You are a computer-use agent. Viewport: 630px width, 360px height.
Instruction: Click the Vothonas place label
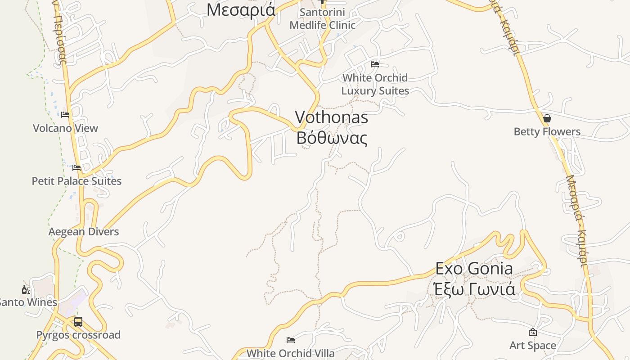(331, 117)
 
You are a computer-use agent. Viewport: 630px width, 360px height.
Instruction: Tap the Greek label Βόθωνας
(332, 138)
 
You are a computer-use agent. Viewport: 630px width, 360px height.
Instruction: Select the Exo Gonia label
(474, 269)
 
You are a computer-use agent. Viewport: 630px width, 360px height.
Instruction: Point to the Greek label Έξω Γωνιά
(474, 288)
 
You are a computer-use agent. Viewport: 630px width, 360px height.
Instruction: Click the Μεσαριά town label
(241, 9)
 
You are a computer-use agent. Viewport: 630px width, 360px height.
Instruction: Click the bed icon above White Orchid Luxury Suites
(374, 64)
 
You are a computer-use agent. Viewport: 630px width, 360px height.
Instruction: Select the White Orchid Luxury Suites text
(375, 84)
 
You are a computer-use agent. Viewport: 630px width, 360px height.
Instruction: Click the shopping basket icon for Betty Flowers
(547, 118)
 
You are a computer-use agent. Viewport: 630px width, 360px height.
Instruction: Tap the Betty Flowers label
(547, 132)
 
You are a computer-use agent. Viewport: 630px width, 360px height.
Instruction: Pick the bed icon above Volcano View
(65, 115)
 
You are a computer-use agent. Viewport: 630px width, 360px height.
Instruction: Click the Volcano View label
(65, 128)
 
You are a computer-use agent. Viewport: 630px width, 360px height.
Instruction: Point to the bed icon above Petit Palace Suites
(76, 168)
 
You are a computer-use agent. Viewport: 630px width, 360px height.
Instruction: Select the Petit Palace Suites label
(76, 181)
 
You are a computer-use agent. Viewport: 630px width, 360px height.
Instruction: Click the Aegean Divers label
(84, 232)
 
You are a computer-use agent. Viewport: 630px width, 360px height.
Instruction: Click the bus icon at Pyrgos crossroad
(78, 322)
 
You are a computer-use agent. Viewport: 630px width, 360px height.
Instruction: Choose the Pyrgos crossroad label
(78, 335)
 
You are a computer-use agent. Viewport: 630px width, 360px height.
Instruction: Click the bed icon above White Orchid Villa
(291, 340)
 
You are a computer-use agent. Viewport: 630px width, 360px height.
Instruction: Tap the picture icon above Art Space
(533, 332)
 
